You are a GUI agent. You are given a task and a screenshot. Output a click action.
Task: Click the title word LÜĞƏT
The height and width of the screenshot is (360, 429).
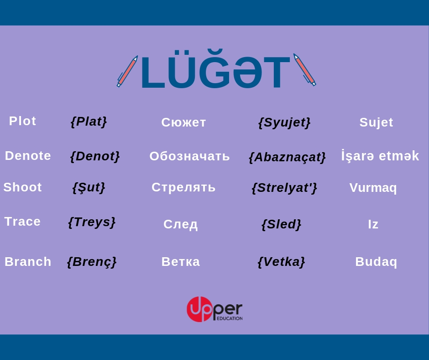tap(215, 69)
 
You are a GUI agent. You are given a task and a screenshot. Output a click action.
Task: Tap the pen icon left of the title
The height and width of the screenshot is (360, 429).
tap(127, 71)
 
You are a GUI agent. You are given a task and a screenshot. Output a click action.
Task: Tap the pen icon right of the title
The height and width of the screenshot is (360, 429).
tap(304, 69)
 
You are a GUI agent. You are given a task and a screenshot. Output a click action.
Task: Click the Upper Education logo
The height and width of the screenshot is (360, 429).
tap(214, 309)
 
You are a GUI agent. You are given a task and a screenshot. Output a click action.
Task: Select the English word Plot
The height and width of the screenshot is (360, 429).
tap(22, 121)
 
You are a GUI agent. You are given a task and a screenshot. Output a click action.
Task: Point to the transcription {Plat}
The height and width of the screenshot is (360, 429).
tap(89, 122)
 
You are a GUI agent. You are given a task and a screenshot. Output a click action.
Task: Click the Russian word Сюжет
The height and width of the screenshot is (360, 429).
tap(183, 122)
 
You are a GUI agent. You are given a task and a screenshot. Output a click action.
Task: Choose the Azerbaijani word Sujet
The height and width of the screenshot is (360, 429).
tap(376, 122)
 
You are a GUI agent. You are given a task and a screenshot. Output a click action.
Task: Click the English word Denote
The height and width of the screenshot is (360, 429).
tap(28, 156)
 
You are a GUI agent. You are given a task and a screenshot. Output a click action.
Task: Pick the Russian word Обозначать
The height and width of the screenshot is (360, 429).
tap(189, 156)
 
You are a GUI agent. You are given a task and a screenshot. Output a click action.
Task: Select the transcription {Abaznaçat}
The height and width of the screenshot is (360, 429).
tap(287, 157)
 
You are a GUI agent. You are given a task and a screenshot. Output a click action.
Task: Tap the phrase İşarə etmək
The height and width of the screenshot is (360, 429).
tap(380, 156)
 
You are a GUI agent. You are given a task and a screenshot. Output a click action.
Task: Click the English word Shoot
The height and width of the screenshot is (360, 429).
tap(22, 187)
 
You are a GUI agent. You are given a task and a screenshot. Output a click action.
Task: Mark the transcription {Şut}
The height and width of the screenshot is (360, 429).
tap(89, 188)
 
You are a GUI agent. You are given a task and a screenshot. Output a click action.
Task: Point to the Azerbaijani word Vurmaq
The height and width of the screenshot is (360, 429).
tap(373, 188)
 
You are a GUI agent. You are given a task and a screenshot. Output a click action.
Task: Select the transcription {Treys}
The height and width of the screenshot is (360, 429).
tap(92, 222)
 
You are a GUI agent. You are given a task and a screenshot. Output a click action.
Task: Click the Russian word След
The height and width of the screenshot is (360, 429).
tap(180, 224)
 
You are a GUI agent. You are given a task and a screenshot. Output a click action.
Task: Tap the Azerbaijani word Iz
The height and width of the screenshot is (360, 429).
tap(373, 224)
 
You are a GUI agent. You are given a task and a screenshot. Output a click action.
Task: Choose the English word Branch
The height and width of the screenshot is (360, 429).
tap(28, 262)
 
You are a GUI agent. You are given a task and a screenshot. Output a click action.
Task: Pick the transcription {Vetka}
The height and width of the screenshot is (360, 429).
tap(281, 262)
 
